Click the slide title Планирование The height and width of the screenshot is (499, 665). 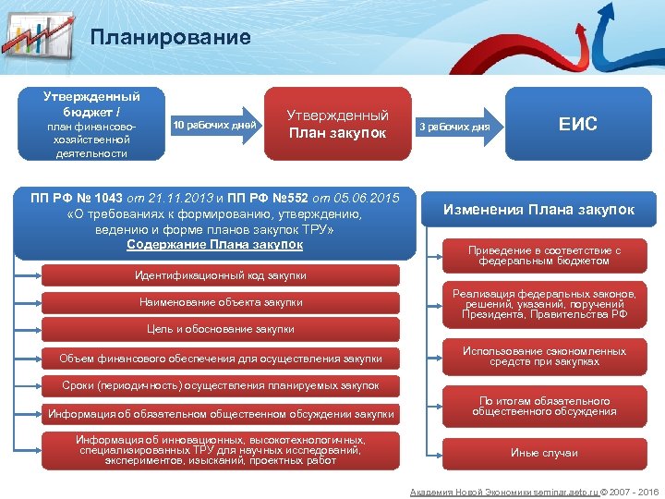[x=171, y=37]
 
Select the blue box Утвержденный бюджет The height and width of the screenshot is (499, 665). [x=90, y=124]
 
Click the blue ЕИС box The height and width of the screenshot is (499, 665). [x=578, y=124]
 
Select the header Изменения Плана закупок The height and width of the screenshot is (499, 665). [x=538, y=210]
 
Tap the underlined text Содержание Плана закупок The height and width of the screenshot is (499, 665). [x=214, y=245]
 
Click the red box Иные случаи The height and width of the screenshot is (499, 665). [x=544, y=453]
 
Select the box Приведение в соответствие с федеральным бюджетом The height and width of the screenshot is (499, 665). [x=544, y=256]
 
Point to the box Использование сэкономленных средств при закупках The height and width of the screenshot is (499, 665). [x=544, y=357]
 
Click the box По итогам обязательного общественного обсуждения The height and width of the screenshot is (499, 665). [x=544, y=407]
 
